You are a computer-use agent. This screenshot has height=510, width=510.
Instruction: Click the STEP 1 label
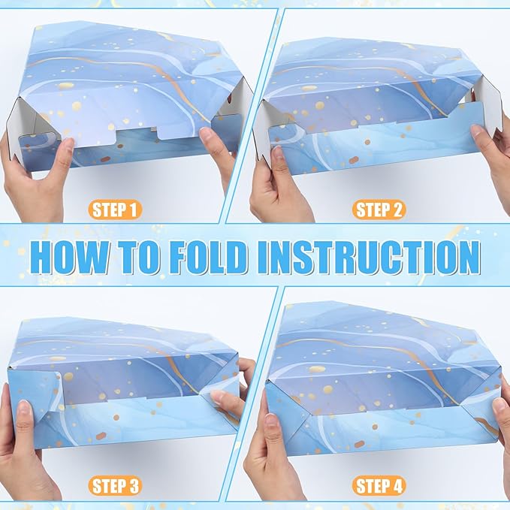click(115, 210)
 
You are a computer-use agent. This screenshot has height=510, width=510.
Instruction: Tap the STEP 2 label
click(379, 210)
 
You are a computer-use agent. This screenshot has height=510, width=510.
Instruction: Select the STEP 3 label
click(115, 486)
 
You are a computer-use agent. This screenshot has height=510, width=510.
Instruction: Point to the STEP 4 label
click(379, 486)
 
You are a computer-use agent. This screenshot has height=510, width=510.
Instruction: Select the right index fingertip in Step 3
click(217, 397)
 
